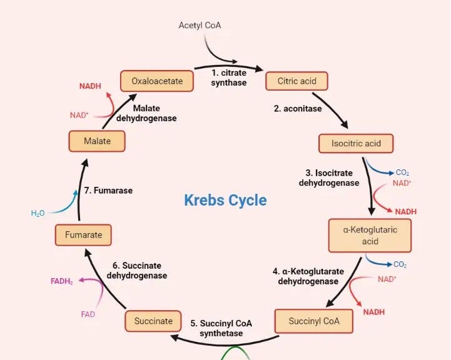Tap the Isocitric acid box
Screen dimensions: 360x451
355,143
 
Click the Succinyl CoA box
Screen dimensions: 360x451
313,321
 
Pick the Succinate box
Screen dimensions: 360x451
153,321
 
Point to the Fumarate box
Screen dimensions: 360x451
83,235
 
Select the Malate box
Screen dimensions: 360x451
97,141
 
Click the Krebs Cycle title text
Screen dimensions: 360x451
225,200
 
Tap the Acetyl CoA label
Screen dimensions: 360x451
200,26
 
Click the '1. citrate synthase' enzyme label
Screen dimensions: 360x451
228,78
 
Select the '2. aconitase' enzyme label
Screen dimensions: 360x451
298,109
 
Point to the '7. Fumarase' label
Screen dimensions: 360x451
108,190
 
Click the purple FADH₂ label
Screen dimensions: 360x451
62,281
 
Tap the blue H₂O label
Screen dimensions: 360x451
38,213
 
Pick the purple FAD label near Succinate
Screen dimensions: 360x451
88,314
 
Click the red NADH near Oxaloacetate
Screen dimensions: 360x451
91,86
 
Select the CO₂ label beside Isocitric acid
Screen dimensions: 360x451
402,172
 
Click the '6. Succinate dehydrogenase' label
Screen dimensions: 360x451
136,271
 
